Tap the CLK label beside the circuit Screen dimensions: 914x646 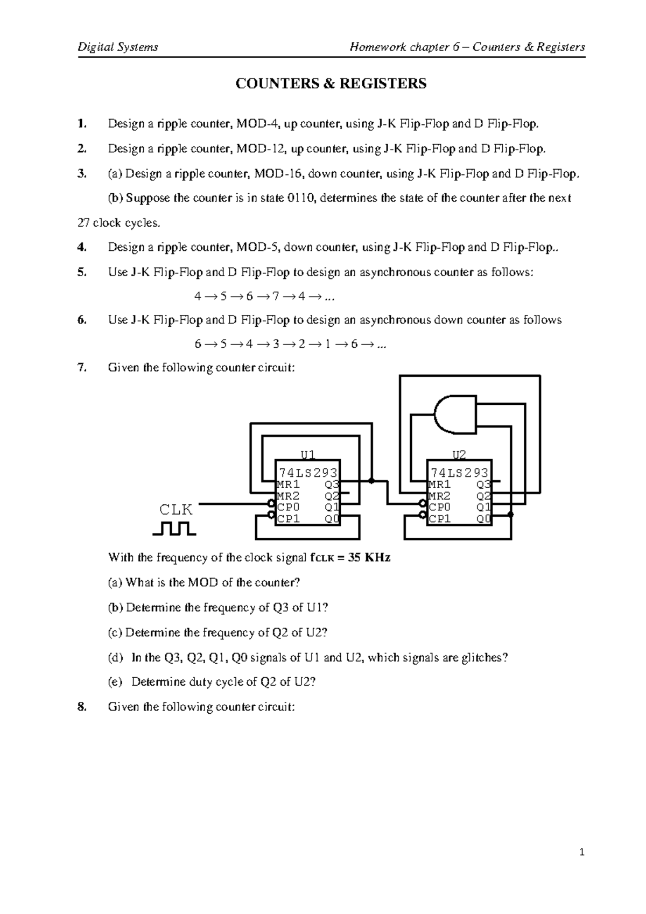click(176, 509)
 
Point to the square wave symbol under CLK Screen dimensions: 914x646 click(174, 528)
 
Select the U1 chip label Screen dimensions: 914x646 click(307, 455)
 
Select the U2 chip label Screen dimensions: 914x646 click(459, 455)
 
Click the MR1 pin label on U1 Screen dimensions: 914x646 click(288, 484)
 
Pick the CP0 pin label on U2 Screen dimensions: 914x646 click(440, 507)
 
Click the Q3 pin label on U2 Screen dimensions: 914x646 click(483, 484)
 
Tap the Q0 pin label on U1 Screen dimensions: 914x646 click(332, 519)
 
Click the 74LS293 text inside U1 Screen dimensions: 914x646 click(307, 473)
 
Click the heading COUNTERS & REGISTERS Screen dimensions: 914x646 click(331, 83)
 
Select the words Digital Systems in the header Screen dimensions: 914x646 click(118, 47)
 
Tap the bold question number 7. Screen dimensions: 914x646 click(81, 368)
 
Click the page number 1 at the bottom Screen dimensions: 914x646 click(581, 852)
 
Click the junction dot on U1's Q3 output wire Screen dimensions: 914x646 click(371, 480)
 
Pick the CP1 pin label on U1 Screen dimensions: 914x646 click(288, 519)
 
